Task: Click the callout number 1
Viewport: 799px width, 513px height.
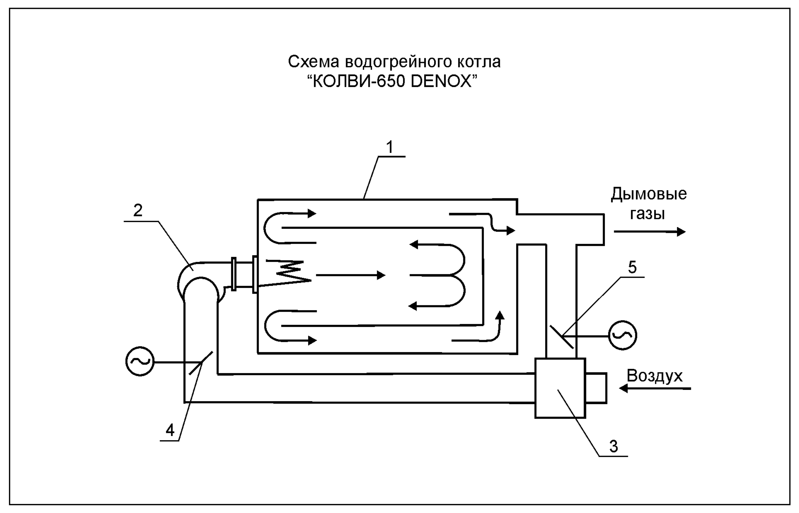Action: click(390, 147)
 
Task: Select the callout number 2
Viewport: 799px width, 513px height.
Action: click(138, 210)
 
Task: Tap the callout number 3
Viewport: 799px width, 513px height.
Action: click(614, 446)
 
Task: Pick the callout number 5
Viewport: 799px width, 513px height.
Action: click(632, 267)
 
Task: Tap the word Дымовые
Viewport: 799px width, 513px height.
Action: click(649, 194)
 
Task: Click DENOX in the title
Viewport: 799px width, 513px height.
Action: click(442, 81)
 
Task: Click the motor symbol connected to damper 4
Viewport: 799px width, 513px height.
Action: click(140, 361)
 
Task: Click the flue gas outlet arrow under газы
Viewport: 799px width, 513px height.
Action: click(650, 231)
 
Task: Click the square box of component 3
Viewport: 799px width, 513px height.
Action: click(560, 388)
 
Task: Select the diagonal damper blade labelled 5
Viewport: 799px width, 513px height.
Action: click(561, 337)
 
